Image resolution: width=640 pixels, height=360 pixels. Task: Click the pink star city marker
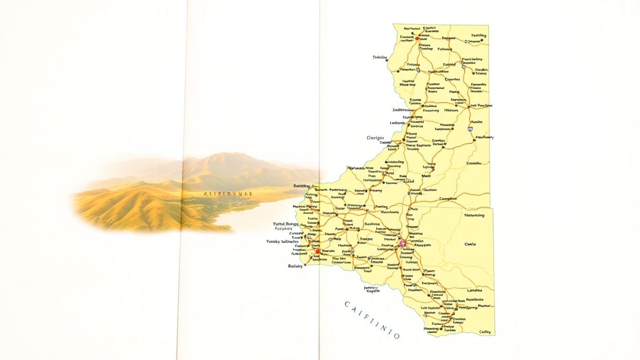pyautogui.click(x=402, y=244)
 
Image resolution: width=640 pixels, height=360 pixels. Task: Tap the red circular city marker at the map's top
pyautogui.click(x=411, y=38)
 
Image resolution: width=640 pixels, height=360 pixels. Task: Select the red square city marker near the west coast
pyautogui.click(x=318, y=251)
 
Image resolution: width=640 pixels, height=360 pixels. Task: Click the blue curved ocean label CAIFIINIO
pyautogui.click(x=372, y=320)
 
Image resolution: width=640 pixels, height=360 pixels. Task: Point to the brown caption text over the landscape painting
pyautogui.click(x=228, y=193)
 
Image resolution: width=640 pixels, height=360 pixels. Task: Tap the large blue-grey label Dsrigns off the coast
pyautogui.click(x=375, y=138)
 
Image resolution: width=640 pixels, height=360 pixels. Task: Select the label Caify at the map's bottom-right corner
pyautogui.click(x=485, y=332)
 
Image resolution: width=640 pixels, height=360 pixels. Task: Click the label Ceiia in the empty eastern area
pyautogui.click(x=469, y=244)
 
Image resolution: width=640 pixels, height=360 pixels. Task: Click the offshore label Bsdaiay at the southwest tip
pyautogui.click(x=296, y=266)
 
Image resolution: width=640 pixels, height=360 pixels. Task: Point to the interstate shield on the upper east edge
pyautogui.click(x=469, y=128)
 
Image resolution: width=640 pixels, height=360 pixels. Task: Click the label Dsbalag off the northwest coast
pyautogui.click(x=380, y=58)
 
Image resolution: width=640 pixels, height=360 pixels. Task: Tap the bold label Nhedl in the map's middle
pyautogui.click(x=426, y=176)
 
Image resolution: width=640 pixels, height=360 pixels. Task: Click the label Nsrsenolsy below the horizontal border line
pyautogui.click(x=475, y=215)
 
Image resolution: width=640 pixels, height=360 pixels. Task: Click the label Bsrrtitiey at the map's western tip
pyautogui.click(x=302, y=186)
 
